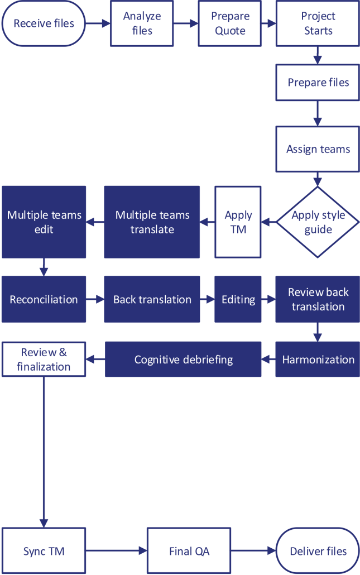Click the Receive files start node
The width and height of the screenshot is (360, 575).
[x=44, y=23]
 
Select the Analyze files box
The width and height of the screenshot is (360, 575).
[x=142, y=23]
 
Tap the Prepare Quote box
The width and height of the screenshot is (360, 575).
[x=230, y=23]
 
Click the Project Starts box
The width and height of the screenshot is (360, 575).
[x=318, y=23]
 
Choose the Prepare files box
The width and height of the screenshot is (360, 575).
[x=318, y=83]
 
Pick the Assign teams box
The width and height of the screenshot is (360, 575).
[x=318, y=149]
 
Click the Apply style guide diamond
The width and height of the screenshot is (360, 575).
[x=318, y=222]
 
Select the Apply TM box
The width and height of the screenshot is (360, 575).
[x=238, y=222]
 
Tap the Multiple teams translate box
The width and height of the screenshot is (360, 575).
[x=152, y=222]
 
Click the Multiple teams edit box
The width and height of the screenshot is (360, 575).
[x=44, y=222]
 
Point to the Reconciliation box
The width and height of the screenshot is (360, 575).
[x=44, y=299]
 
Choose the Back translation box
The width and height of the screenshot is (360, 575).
[x=152, y=299]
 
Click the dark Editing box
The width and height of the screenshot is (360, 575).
[x=238, y=299]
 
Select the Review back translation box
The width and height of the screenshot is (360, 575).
[x=318, y=299]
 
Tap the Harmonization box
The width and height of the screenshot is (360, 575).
[x=318, y=360]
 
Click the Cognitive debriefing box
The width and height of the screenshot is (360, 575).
[x=183, y=360]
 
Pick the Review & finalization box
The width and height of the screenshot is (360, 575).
[x=44, y=360]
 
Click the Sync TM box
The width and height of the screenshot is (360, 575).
[x=44, y=552]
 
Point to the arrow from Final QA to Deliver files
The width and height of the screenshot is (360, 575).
[x=253, y=552]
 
